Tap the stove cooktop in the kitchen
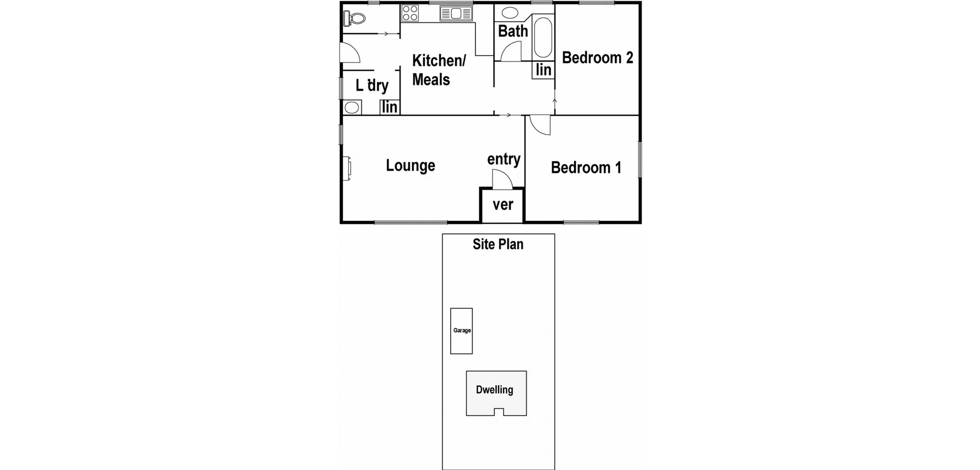click(410, 13)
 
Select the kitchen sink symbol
click(456, 13)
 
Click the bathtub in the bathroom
click(543, 37)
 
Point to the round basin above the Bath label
click(511, 13)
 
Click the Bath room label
click(513, 31)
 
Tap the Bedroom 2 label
click(597, 58)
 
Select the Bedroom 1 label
click(586, 167)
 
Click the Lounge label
click(410, 165)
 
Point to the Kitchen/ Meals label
click(438, 70)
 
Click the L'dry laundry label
click(372, 85)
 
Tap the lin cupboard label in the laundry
click(389, 107)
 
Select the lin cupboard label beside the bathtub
click(544, 69)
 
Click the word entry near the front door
click(504, 159)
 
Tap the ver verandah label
click(503, 205)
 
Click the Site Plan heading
click(498, 244)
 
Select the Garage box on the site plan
click(461, 331)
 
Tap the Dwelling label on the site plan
click(495, 390)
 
